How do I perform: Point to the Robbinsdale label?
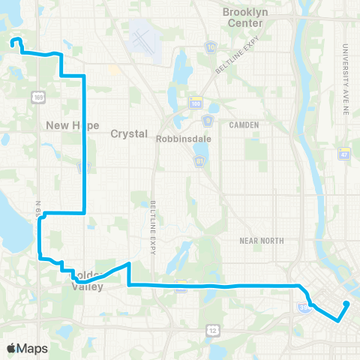click(x=178, y=139)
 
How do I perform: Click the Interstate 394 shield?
click(x=180, y=285)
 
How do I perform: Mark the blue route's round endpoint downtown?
click(x=347, y=304)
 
